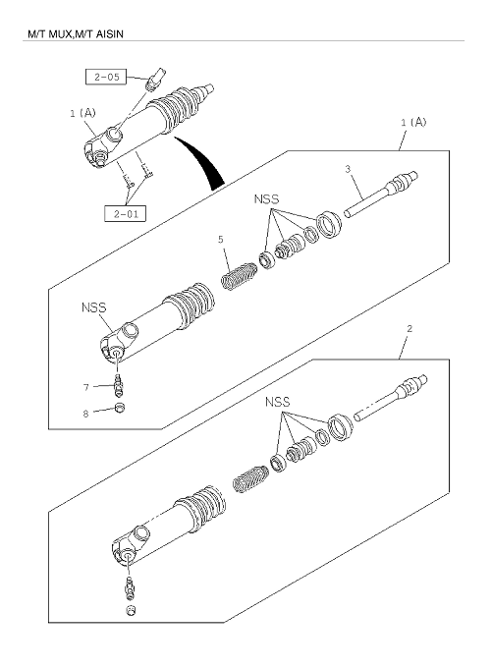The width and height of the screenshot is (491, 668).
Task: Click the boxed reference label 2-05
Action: tap(106, 77)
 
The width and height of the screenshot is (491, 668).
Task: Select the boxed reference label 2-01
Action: tap(125, 213)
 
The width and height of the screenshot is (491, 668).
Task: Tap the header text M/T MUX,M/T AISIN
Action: tap(76, 33)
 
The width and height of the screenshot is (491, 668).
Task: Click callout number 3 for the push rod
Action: tap(348, 169)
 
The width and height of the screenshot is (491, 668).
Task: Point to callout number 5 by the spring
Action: tap(221, 240)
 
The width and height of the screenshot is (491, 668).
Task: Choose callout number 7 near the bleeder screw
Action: tap(86, 387)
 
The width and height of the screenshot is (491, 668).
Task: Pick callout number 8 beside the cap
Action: tap(85, 414)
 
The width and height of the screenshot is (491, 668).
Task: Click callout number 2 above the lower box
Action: tap(409, 328)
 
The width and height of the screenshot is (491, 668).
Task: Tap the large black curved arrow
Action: tap(202, 162)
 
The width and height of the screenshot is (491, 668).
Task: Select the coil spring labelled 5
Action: tap(239, 276)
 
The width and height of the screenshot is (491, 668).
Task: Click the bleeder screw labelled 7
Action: tap(119, 383)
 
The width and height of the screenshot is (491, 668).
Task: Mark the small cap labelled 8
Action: tap(120, 408)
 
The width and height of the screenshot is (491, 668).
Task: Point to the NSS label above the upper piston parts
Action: tap(266, 199)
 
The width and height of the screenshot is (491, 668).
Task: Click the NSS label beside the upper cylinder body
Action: tap(93, 307)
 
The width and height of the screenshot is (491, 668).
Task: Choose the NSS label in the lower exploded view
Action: tap(277, 402)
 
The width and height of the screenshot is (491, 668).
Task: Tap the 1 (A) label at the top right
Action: tap(413, 122)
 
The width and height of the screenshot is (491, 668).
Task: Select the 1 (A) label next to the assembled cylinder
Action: tap(82, 113)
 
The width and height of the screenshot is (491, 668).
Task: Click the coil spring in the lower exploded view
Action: tap(250, 478)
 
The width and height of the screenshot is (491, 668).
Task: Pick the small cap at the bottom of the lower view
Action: tap(132, 610)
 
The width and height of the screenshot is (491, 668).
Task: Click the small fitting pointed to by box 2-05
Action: tap(156, 79)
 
